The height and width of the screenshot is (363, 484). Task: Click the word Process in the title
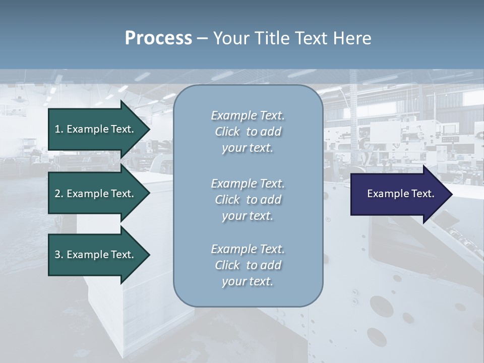pyautogui.click(x=158, y=38)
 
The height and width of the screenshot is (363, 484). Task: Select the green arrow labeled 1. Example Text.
pyautogui.click(x=96, y=129)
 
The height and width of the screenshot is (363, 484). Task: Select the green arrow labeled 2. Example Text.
pyautogui.click(x=96, y=194)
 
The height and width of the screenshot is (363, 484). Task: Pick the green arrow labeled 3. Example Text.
pyautogui.click(x=96, y=255)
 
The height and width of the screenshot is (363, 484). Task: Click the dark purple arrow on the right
pyautogui.click(x=398, y=194)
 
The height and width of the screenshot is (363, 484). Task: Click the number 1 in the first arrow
pyautogui.click(x=57, y=129)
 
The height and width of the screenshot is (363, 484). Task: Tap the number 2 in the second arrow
pyautogui.click(x=57, y=194)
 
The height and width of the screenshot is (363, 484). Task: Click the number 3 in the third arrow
pyautogui.click(x=57, y=255)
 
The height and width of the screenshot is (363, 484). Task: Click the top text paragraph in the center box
pyautogui.click(x=248, y=132)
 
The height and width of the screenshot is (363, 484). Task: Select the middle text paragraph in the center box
pyautogui.click(x=248, y=200)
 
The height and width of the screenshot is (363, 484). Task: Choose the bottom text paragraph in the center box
pyautogui.click(x=248, y=265)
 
